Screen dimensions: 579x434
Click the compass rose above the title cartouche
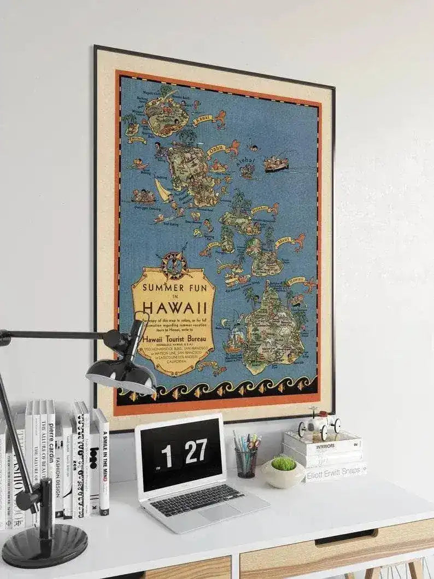pyautogui.click(x=173, y=265)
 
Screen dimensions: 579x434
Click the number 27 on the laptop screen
pyautogui.click(x=195, y=452)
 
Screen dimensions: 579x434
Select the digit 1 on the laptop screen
pyautogui.click(x=166, y=455)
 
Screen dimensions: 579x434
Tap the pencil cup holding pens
pyautogui.click(x=246, y=462)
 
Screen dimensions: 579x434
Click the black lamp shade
pyautogui.click(x=120, y=375)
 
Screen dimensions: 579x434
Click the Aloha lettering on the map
pyautogui.click(x=245, y=161)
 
